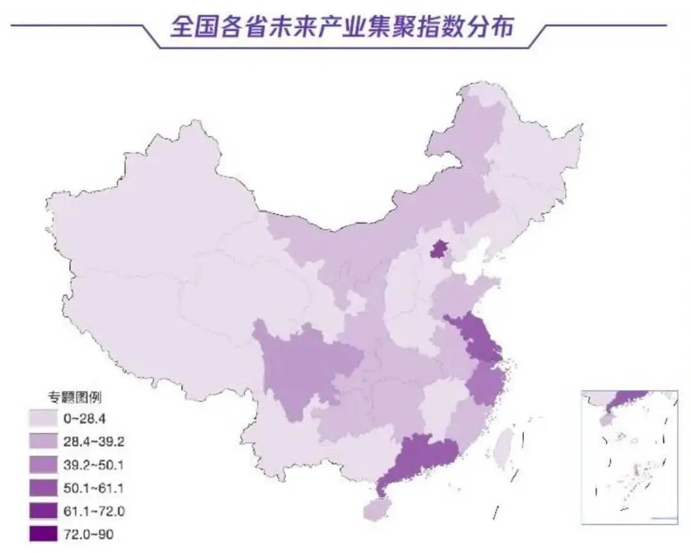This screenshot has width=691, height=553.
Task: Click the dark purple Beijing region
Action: [x=438, y=249]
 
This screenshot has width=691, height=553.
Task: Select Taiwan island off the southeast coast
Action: [x=505, y=445]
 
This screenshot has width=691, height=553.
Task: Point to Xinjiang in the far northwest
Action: [x=147, y=211]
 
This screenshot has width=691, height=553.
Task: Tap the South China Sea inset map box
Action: [x=629, y=457]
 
